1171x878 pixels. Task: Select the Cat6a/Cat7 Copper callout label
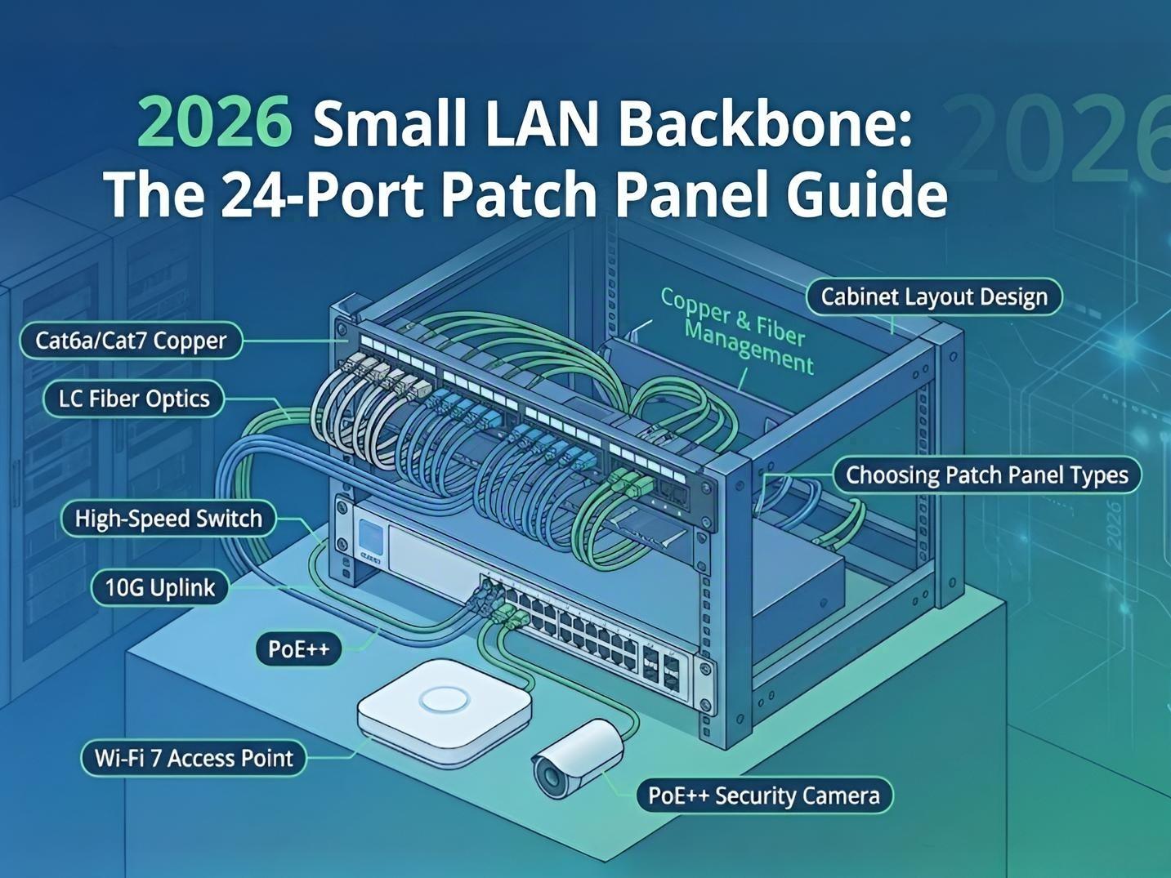click(131, 341)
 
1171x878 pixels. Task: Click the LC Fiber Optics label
click(134, 399)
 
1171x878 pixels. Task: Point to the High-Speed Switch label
click(168, 519)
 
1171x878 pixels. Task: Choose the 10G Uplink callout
click(160, 588)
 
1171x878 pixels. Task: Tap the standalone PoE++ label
click(299, 649)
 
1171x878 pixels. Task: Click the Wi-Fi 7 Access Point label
click(194, 758)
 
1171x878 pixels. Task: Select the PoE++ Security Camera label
click(764, 796)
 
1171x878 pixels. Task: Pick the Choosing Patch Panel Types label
click(986, 475)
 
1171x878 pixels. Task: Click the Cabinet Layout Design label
click(934, 296)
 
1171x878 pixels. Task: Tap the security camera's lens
click(549, 775)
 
